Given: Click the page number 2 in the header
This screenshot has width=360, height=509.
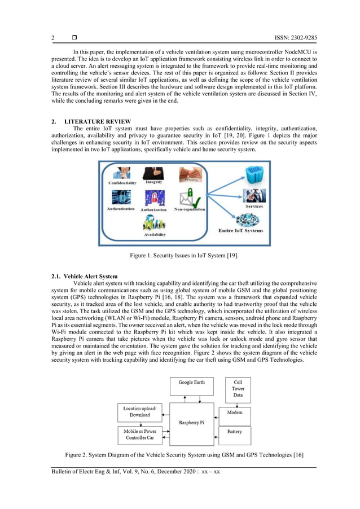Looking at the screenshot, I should pos(53,38).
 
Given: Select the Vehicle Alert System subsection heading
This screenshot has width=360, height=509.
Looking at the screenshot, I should pos(84,276).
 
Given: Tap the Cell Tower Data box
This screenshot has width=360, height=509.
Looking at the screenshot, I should pos(238,388).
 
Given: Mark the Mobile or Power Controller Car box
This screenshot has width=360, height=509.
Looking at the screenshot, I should pos(139,435).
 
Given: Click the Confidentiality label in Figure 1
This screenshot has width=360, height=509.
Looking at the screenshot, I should pos(122,183).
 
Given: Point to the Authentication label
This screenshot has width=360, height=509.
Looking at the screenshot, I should pos(121,209).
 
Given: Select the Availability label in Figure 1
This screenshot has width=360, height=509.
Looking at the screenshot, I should pos(155,234).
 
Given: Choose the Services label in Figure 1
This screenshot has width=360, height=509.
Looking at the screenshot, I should pos(254,207).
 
